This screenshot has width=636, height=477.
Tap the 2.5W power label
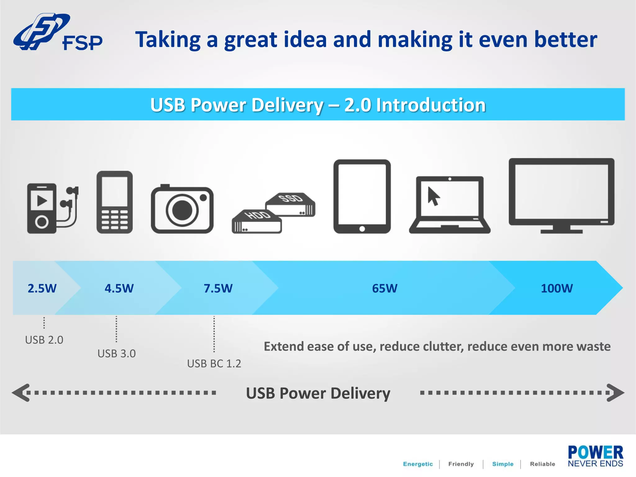42,288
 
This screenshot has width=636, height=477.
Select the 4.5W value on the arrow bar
119,288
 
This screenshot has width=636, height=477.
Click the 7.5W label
218,288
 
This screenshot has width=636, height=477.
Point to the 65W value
384,288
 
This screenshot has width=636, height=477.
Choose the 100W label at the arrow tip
557,288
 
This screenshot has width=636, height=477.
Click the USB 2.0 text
44,340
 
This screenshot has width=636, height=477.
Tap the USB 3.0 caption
116,353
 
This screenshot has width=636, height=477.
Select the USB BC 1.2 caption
214,363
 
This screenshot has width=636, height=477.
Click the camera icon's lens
182,210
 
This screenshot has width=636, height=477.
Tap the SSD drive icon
290,205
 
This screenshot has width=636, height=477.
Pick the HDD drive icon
257,221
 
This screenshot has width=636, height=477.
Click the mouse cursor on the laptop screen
433,196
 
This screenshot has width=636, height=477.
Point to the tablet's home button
362,229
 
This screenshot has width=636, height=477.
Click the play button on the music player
42,201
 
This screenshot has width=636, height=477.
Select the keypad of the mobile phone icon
115,220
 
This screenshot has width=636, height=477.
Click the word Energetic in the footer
418,464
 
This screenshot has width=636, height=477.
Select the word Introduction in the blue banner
431,105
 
